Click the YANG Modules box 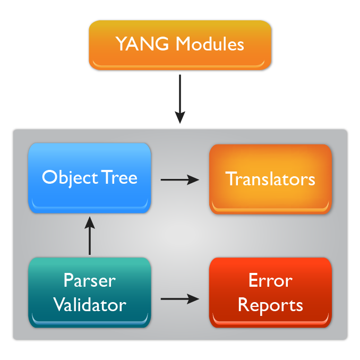[180, 45]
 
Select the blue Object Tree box [90, 178]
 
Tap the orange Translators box [270, 179]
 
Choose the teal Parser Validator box [90, 292]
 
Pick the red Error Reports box [270, 292]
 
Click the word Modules [210, 44]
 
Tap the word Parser [90, 280]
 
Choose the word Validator [90, 305]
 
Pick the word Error [270, 280]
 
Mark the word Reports [270, 305]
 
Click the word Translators [270, 179]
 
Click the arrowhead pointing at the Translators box [195, 179]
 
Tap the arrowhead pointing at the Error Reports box [195, 299]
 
